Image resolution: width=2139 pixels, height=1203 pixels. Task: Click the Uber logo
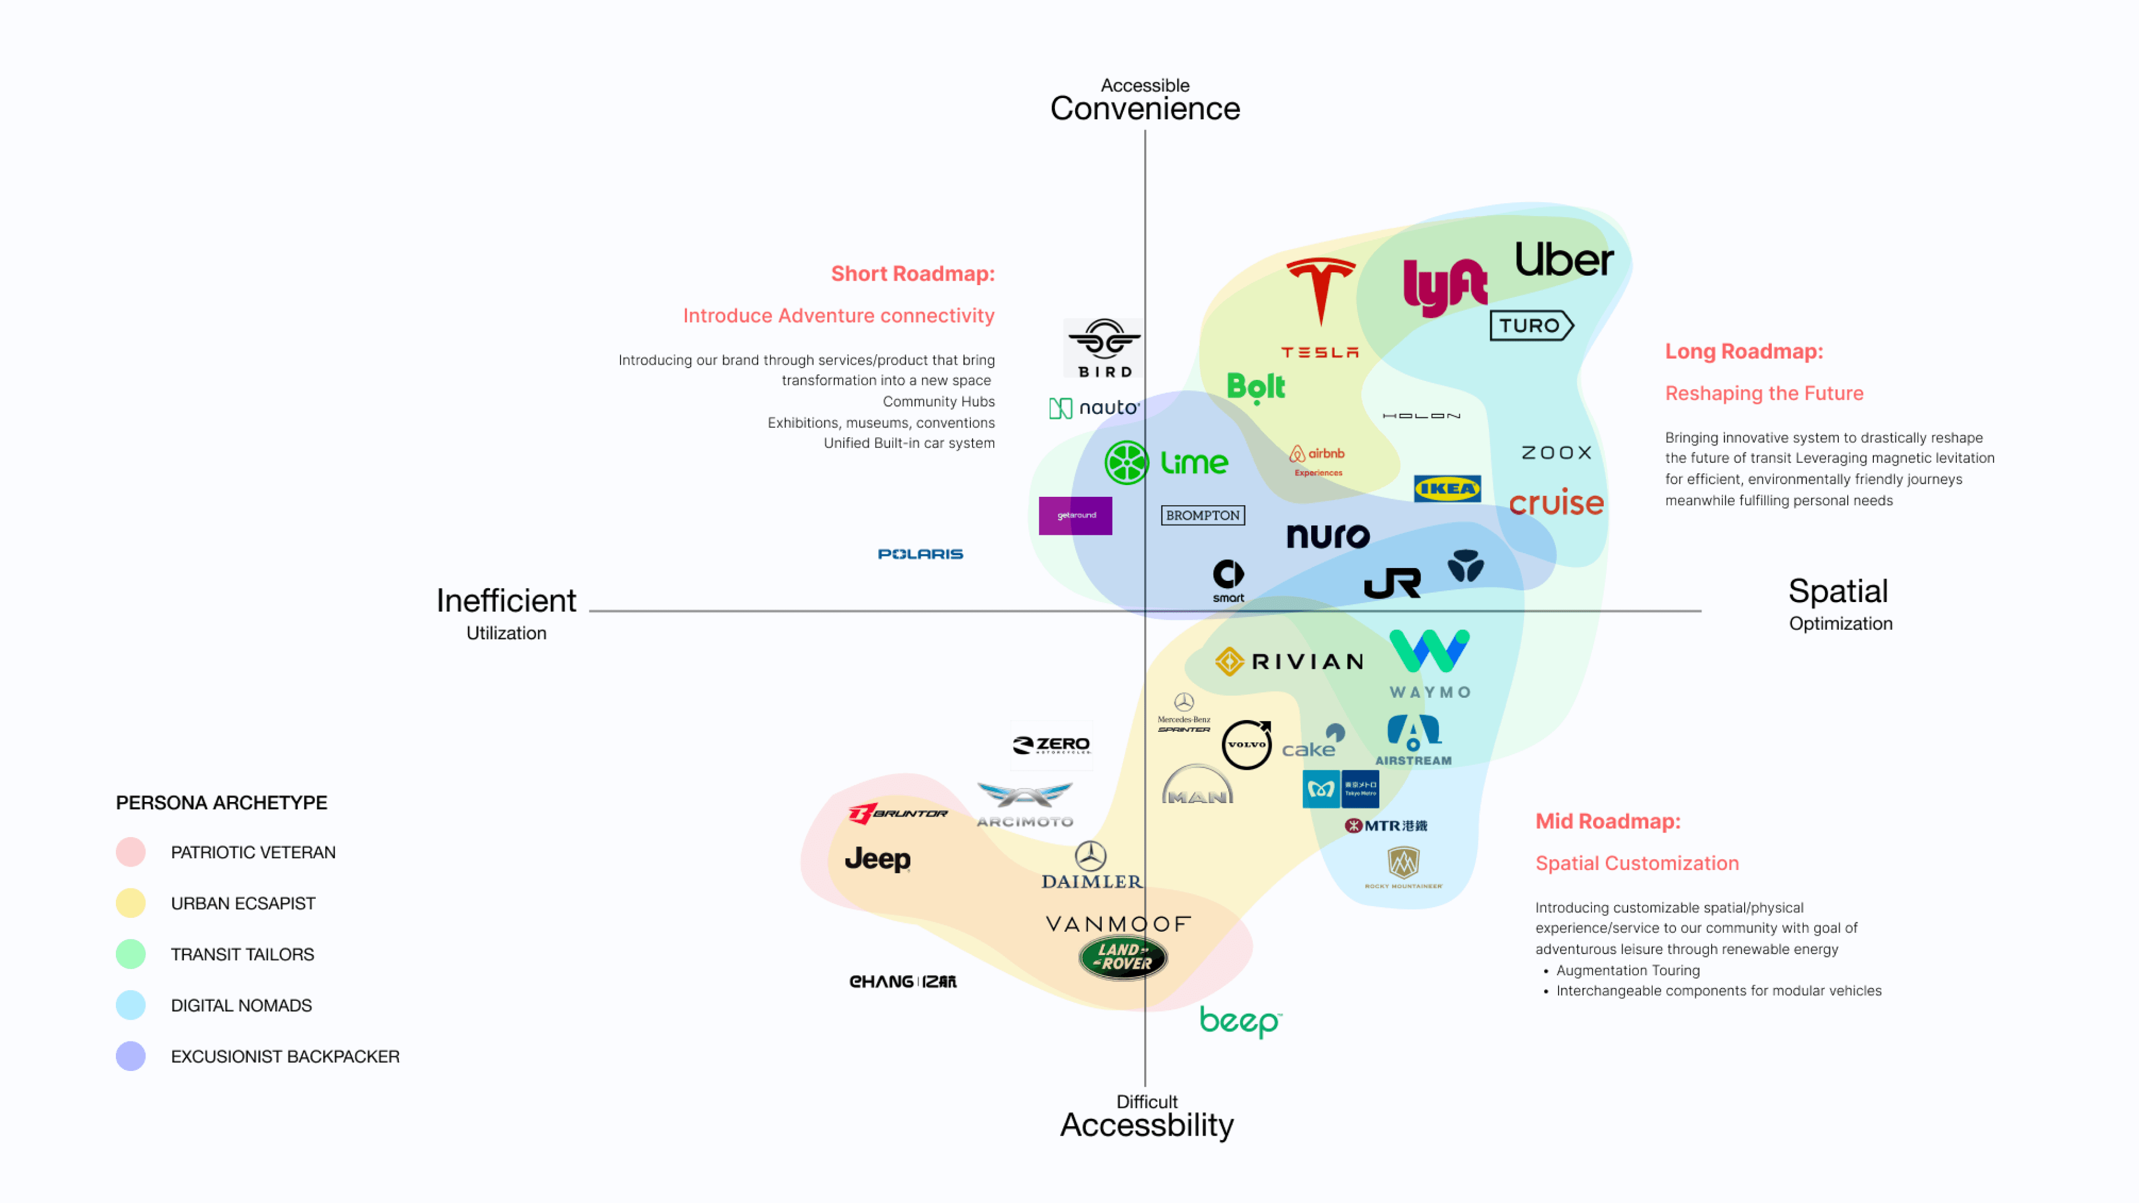1564,260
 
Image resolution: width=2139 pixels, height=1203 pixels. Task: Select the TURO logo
1530,325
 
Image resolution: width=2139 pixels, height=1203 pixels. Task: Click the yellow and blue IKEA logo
1447,489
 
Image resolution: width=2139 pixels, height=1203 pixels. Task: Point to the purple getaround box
1075,516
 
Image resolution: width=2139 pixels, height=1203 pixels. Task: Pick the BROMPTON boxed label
1203,516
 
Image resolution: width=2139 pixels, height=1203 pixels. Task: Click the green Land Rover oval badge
1122,957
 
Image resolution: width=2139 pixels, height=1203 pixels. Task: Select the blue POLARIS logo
920,554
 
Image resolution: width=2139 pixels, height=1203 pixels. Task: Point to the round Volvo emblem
1247,745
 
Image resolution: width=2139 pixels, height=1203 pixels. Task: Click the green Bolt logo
1256,387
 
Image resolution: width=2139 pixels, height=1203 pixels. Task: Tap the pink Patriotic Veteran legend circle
130,852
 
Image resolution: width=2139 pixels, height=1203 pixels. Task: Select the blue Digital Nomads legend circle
130,1005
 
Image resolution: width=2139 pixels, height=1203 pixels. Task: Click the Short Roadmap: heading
912,274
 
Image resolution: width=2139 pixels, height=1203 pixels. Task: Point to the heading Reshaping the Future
1764,394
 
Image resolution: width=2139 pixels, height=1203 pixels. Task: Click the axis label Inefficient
506,600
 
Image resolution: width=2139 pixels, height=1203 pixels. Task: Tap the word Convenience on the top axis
1144,109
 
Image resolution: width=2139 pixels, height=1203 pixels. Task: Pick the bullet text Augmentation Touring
1628,970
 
